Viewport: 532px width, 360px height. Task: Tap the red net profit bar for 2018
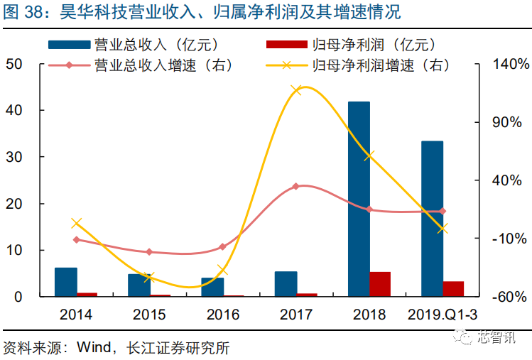[380, 284]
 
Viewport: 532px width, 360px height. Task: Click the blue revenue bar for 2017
[286, 284]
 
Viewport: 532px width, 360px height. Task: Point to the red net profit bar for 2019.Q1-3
[453, 288]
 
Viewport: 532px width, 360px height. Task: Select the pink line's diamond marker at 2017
[296, 186]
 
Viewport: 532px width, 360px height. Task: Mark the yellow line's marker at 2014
[77, 223]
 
